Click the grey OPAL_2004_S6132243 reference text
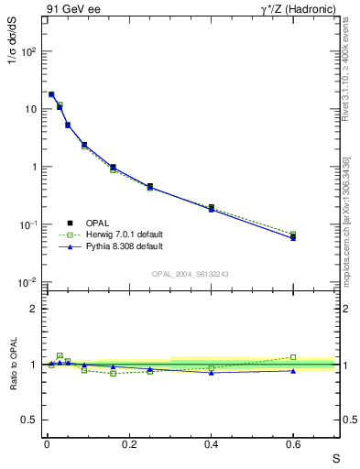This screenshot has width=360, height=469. click(x=191, y=274)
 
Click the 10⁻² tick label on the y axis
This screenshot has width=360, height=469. click(x=29, y=282)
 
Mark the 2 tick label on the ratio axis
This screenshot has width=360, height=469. click(x=35, y=309)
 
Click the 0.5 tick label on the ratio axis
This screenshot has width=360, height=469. click(x=31, y=420)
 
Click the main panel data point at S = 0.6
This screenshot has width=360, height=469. click(x=293, y=236)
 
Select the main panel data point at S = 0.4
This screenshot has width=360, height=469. click(x=211, y=208)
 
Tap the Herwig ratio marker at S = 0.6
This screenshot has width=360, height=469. click(x=293, y=357)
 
